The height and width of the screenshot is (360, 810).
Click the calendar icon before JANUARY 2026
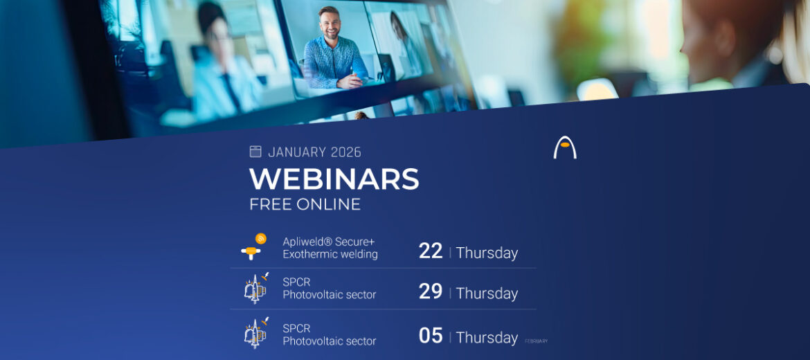click(x=255, y=152)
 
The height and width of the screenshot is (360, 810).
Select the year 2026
click(x=345, y=152)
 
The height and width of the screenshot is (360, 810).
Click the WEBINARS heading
click(x=334, y=179)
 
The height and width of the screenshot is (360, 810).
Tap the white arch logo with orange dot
click(x=565, y=147)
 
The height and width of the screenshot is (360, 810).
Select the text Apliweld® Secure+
click(x=328, y=242)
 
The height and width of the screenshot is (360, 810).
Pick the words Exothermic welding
click(x=330, y=254)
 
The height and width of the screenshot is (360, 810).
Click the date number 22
click(x=431, y=251)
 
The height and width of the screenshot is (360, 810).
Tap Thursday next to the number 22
click(x=487, y=253)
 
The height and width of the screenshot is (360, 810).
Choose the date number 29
click(x=431, y=291)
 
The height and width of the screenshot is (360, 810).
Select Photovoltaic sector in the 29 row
click(x=329, y=295)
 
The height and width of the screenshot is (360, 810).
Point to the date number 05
click(x=431, y=336)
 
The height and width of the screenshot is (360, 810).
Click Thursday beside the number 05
click(x=487, y=337)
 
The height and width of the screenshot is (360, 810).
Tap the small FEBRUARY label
click(x=536, y=341)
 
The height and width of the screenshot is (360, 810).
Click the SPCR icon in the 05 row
click(x=255, y=334)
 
